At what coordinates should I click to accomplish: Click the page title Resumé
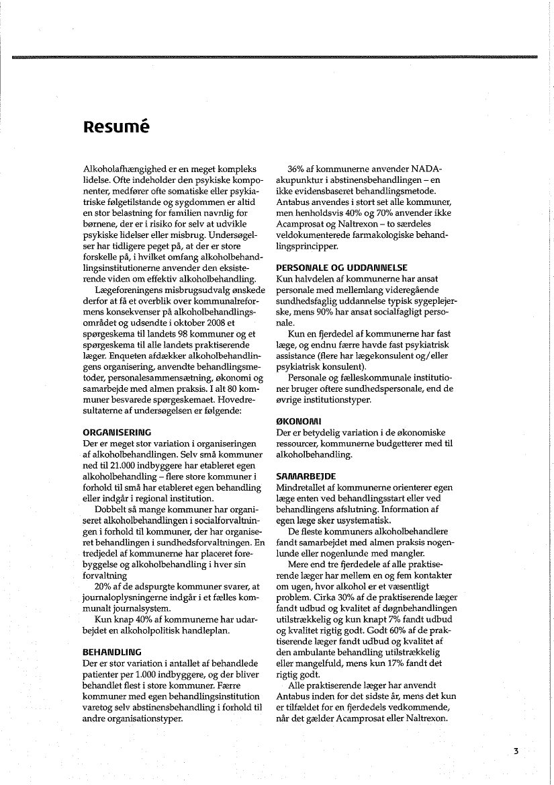point(116,126)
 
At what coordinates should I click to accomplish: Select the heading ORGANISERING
point(116,431)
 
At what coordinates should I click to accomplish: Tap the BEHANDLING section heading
point(112,652)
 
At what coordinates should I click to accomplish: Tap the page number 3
point(516,751)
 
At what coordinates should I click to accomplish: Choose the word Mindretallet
point(306,487)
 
